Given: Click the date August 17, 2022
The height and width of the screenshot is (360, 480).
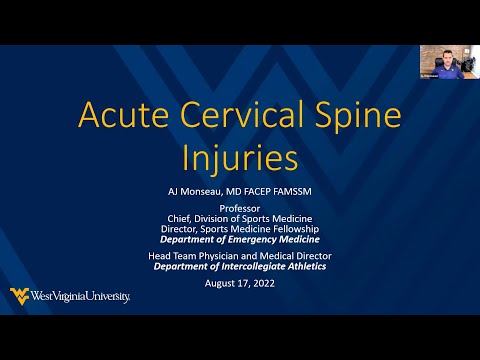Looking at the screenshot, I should pos(240,284).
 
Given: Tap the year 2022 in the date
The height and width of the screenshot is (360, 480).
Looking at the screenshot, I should pos(259,284).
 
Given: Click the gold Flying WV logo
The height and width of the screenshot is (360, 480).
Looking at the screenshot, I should pos(19,295).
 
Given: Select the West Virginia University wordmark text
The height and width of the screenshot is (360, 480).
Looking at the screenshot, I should pos(81,296).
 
